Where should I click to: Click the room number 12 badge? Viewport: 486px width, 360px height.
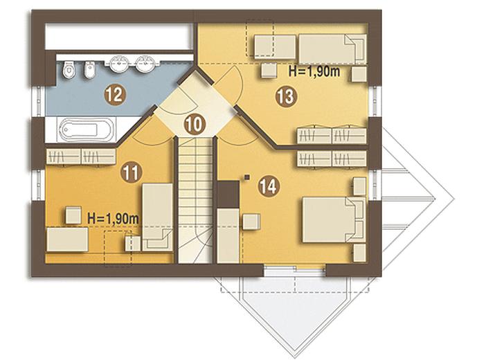(116, 95)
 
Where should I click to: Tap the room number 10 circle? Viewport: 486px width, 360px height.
(195, 124)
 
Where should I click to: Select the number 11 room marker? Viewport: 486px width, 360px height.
(132, 172)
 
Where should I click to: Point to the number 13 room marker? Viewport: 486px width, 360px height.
(286, 96)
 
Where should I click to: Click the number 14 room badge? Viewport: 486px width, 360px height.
(269, 186)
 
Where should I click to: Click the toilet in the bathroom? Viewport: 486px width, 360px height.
(69, 69)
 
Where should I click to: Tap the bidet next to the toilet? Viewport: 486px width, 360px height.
(90, 69)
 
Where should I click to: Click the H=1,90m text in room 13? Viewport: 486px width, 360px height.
(314, 71)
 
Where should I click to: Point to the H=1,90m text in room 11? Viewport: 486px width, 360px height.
(113, 219)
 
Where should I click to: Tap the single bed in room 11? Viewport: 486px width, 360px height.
(157, 217)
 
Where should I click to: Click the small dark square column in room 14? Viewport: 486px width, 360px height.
(246, 177)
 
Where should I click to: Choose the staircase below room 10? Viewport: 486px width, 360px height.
(195, 200)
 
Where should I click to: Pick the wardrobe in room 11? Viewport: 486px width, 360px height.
(81, 156)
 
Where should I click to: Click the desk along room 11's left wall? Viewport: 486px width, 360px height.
(67, 239)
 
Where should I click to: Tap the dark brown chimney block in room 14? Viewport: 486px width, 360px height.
(228, 194)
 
